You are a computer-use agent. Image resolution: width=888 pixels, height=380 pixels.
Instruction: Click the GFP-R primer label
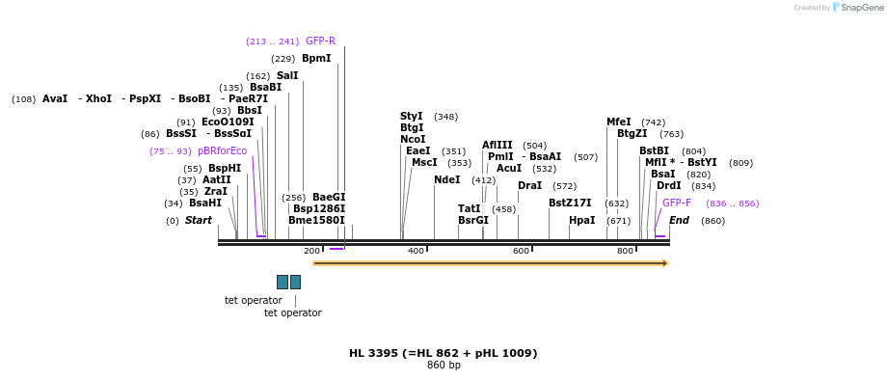(x=320, y=41)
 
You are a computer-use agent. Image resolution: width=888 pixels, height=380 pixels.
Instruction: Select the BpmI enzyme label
(x=316, y=59)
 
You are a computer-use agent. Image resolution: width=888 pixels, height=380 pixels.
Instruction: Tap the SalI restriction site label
(x=287, y=76)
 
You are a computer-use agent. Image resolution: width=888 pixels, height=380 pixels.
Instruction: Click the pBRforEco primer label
(x=222, y=151)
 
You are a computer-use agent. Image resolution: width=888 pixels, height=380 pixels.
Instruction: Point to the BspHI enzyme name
(x=225, y=169)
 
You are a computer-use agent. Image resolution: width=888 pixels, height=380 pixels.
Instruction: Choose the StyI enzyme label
(x=412, y=117)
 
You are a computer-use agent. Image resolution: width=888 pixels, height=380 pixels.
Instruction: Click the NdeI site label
(x=447, y=180)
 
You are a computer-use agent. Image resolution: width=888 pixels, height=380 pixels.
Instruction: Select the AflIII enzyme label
(x=498, y=146)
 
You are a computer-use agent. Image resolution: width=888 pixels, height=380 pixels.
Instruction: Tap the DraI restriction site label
(x=529, y=186)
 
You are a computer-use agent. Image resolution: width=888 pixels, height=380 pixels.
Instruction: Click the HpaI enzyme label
(x=582, y=221)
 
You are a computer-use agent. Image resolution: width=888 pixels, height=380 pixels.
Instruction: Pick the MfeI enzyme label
(x=619, y=122)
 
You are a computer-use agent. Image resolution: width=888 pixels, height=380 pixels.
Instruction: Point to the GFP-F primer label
(x=677, y=204)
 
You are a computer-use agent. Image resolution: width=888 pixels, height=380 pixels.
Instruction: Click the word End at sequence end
(x=679, y=221)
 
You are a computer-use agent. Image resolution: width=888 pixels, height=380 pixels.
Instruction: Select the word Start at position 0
(x=199, y=221)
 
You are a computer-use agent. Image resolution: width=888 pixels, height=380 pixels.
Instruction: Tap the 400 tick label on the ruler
(x=417, y=251)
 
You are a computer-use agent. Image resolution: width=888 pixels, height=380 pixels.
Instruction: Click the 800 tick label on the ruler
(x=625, y=251)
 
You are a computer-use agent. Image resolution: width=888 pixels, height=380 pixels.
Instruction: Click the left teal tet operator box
(x=283, y=282)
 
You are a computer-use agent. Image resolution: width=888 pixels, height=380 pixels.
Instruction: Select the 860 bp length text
(x=444, y=366)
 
